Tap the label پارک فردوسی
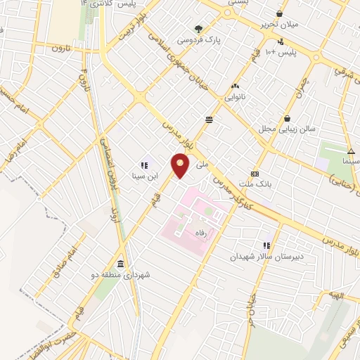tap(218, 40)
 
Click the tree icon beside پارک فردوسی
tap(199, 30)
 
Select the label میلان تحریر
tap(279, 25)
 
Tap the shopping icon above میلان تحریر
tap(279, 13)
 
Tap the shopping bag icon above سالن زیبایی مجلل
tap(288, 118)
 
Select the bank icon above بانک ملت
tap(255, 174)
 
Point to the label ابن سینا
tap(143, 176)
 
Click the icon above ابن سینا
tap(143, 165)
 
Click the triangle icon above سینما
tap(350, 150)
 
